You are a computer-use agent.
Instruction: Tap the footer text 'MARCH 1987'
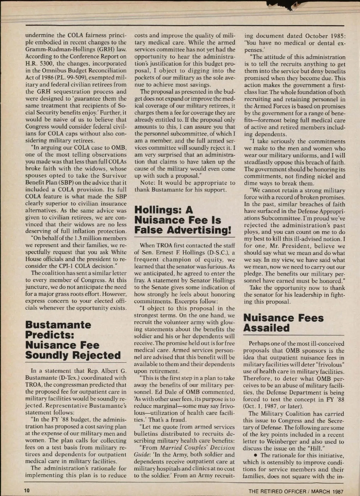(x=327, y=492)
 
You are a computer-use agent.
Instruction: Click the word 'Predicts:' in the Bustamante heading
(x=50, y=335)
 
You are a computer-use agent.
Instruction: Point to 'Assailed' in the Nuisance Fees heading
(x=266, y=328)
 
